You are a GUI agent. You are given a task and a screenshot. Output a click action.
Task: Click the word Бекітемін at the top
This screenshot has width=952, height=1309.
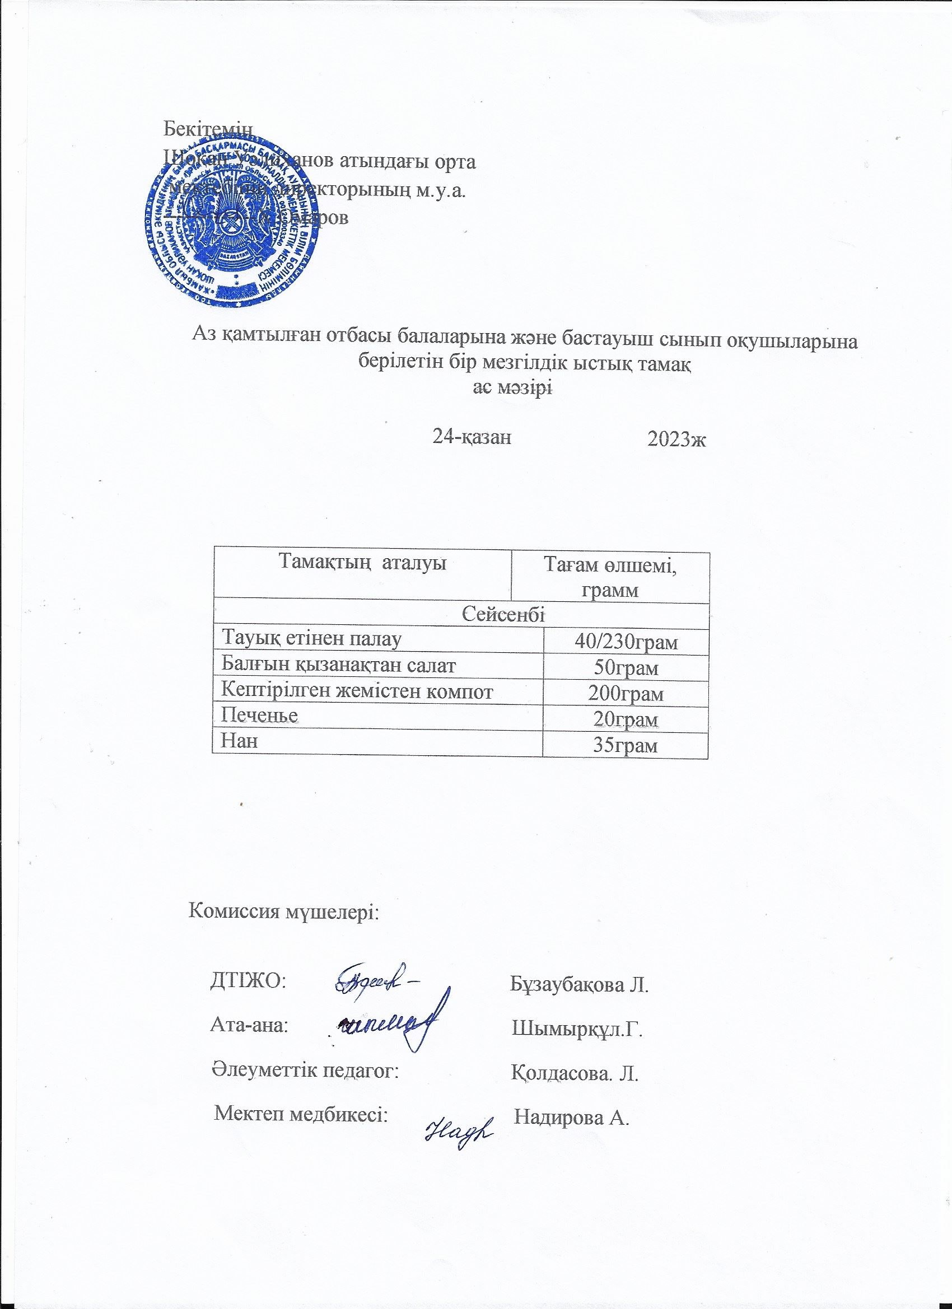208,127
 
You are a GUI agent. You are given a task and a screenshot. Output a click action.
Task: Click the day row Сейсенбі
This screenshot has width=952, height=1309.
505,615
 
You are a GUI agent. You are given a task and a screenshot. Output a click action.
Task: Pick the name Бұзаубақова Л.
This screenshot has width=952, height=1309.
580,984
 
